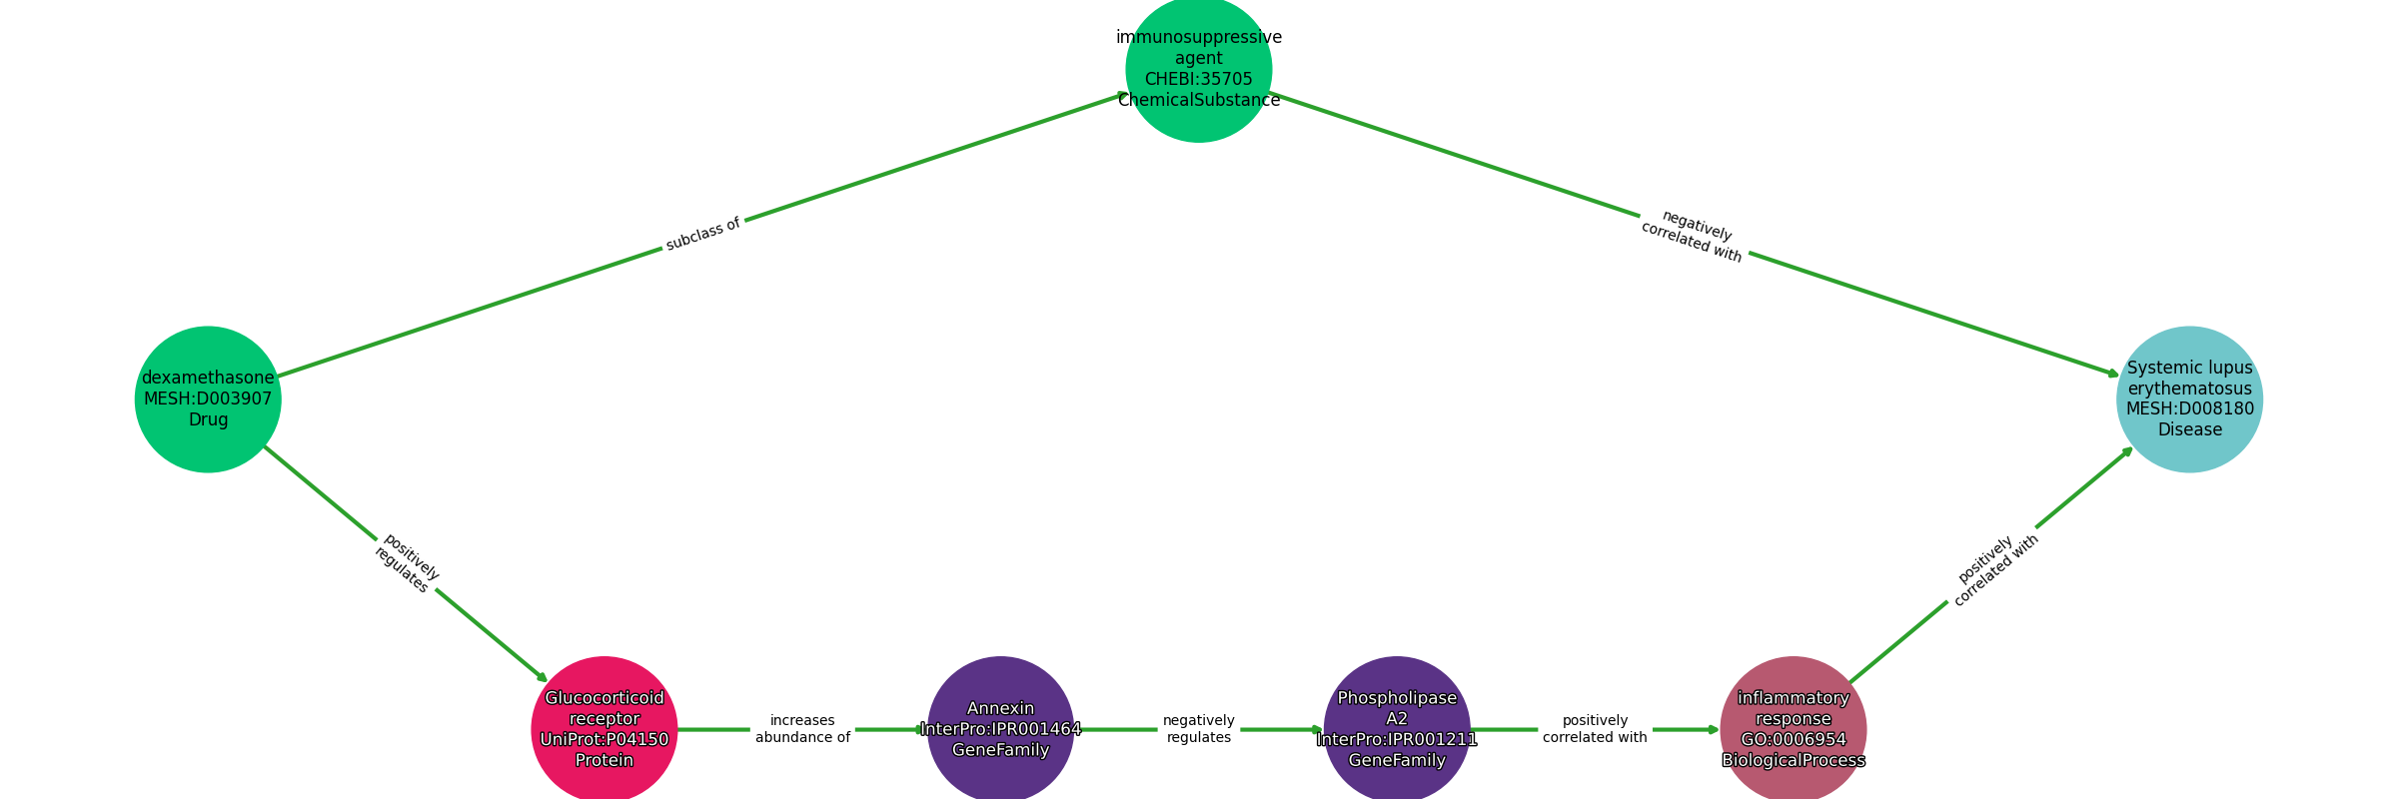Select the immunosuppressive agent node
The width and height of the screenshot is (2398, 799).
pos(1199,70)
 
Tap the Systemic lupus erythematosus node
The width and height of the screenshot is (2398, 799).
pos(2189,399)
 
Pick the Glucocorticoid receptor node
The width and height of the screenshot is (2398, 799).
pos(603,729)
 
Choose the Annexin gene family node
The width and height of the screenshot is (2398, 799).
pos(1000,729)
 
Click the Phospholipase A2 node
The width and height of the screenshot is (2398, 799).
pos(1397,729)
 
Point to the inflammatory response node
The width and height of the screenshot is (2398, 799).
pos(1793,729)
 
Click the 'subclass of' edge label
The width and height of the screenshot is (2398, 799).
pos(703,234)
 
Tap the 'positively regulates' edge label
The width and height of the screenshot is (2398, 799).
pos(407,563)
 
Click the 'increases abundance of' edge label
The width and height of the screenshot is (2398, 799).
pos(802,729)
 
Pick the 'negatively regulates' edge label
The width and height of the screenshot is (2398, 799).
pos(1199,729)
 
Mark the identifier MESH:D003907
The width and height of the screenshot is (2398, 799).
pos(208,399)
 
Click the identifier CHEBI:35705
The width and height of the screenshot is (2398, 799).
pos(1199,79)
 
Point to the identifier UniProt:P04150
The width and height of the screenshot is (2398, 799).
pos(603,740)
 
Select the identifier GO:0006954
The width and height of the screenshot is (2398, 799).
pos(1793,740)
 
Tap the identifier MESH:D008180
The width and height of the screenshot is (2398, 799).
pos(2189,408)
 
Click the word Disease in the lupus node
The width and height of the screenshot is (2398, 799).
pos(2189,429)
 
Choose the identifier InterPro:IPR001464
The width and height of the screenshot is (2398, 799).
pos(1000,729)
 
